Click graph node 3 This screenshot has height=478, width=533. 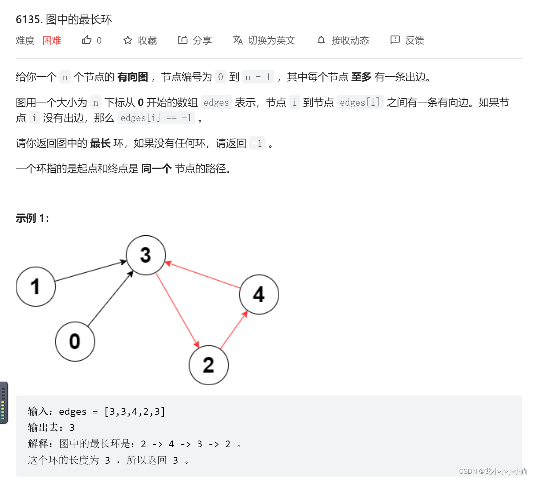[146, 255]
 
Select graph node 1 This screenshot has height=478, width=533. [36, 287]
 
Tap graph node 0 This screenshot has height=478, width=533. [75, 342]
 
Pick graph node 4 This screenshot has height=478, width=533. [259, 294]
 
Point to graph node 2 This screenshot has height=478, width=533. [209, 365]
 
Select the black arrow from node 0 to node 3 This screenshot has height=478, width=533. [110, 298]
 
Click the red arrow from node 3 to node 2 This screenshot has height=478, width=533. [177, 310]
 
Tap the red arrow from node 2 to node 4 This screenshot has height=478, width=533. [234, 330]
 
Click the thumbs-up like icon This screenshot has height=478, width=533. [87, 40]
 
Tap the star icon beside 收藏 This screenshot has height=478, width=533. [128, 40]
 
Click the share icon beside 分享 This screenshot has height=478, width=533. [183, 40]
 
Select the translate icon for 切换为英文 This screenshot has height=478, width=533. [238, 40]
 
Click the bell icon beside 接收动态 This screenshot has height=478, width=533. [321, 40]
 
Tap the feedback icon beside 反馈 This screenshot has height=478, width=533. [395, 40]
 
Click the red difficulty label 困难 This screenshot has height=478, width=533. [52, 40]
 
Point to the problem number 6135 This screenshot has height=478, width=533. [28, 19]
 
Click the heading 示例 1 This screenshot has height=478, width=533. [32, 218]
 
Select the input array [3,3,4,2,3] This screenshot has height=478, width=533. [135, 412]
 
